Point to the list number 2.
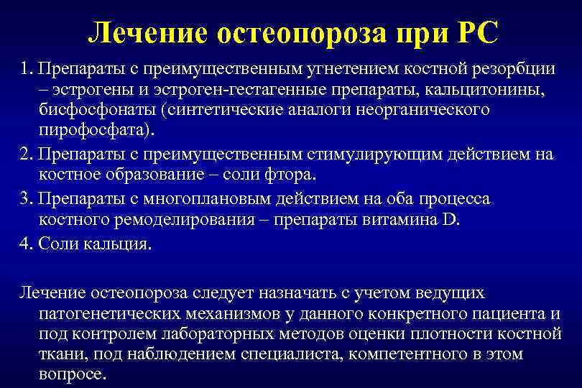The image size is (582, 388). (27, 155)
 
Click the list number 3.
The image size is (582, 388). (27, 198)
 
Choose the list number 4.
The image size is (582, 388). (27, 243)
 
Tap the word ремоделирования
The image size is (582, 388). (166, 220)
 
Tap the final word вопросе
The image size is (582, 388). (71, 376)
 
